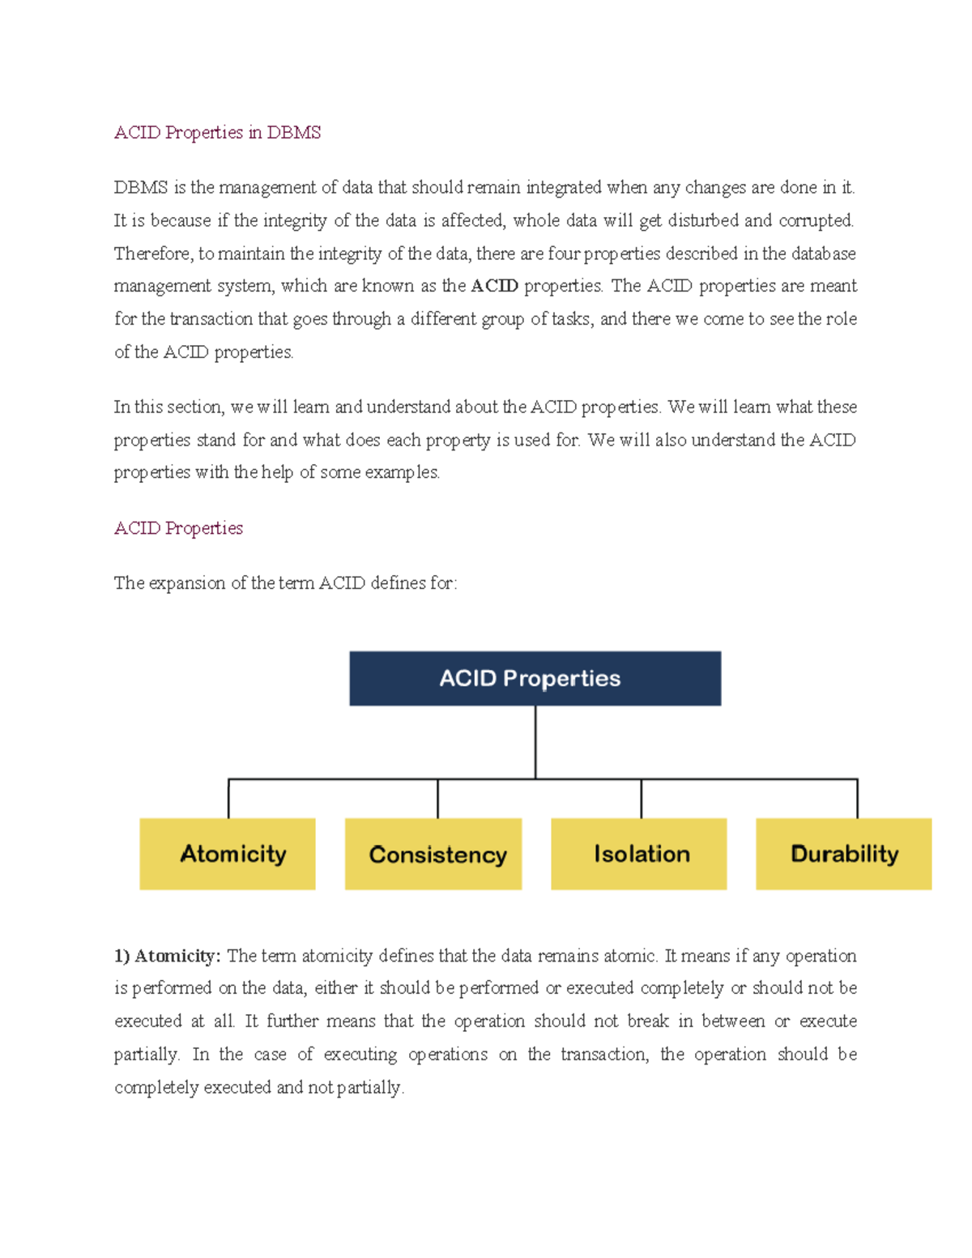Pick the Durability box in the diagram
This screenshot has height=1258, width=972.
pos(844,854)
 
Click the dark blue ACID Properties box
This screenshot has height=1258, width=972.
pos(535,678)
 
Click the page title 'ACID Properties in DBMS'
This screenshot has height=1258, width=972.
pos(217,132)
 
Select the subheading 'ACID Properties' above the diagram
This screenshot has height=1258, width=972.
pos(178,528)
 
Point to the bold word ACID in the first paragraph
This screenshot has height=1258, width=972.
pos(494,286)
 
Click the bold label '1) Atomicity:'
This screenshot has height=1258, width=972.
pos(167,956)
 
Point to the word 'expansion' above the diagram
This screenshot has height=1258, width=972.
pos(186,583)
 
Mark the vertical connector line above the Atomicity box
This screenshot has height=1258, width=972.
pos(228,799)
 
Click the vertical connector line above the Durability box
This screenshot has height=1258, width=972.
pos(857,799)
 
